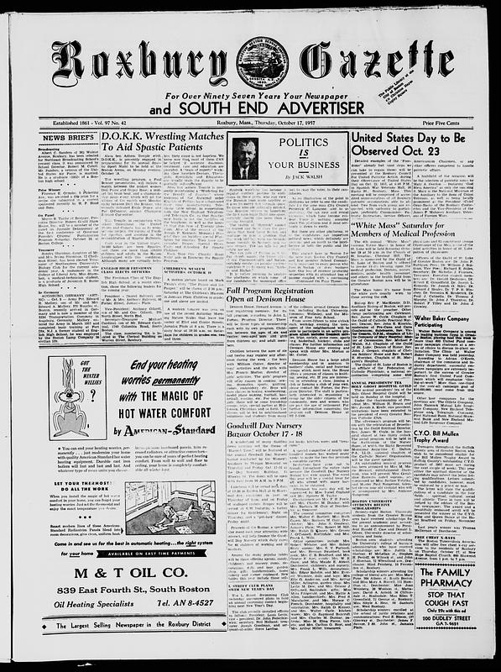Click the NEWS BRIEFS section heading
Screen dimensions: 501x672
(67, 135)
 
